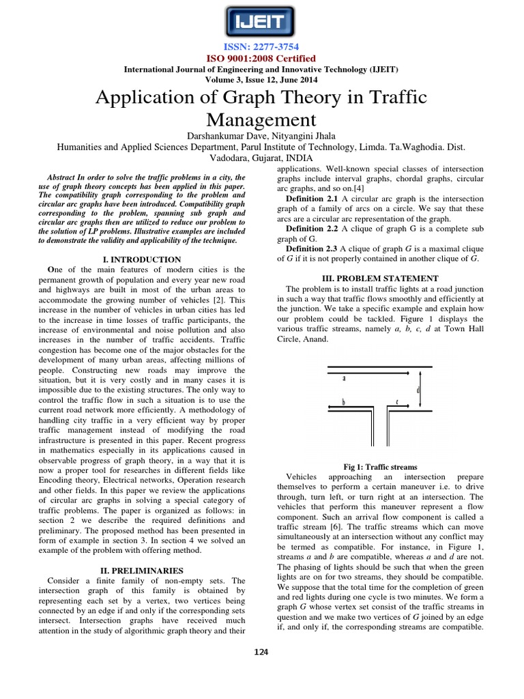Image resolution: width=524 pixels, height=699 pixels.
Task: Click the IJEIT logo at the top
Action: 261,22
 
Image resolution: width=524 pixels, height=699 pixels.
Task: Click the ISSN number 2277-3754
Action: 262,47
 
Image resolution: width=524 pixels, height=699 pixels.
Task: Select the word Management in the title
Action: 261,121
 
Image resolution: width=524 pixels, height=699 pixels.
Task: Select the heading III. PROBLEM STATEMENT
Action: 380,279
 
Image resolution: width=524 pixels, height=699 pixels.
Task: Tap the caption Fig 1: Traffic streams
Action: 380,466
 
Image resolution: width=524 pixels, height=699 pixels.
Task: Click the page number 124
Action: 261,652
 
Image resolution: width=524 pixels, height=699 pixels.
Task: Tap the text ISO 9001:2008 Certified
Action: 261,59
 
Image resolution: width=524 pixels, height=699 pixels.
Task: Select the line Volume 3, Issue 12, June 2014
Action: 261,79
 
